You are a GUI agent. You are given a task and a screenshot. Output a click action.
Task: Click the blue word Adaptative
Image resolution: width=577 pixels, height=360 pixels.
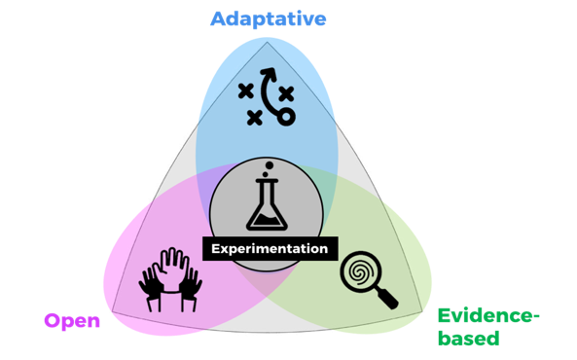click(269, 19)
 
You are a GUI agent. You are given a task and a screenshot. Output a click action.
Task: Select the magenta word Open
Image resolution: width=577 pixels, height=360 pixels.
click(72, 321)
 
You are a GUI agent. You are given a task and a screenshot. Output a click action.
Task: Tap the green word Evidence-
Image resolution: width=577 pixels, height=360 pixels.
click(488, 316)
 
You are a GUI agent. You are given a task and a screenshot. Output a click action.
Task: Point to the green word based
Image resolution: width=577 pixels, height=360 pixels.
click(469, 338)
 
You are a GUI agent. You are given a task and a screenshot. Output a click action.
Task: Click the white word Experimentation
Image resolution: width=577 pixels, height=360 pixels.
click(270, 249)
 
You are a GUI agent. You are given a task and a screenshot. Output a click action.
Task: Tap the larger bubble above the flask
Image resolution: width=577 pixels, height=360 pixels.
click(270, 165)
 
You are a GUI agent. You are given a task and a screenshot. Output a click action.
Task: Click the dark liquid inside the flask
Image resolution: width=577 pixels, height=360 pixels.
click(268, 221)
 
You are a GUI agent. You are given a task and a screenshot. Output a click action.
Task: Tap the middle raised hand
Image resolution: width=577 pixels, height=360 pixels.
click(171, 270)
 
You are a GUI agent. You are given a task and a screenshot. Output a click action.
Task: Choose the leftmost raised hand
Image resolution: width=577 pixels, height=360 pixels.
click(150, 288)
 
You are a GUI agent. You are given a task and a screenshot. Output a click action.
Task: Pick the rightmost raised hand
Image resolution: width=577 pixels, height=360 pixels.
click(191, 288)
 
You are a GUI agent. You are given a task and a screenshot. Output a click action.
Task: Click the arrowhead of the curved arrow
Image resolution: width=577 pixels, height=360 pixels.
click(269, 73)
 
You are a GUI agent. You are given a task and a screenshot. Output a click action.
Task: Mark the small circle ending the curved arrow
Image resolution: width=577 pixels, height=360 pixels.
click(286, 117)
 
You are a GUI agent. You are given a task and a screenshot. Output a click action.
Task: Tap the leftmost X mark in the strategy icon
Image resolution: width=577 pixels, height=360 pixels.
click(246, 90)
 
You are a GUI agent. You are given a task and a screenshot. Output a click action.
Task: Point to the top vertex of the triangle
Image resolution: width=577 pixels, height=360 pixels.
click(268, 43)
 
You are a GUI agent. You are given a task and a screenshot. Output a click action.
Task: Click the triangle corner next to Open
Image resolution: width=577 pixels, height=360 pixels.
click(113, 311)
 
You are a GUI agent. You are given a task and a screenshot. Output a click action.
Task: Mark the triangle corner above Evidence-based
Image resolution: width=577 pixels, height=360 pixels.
click(422, 311)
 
